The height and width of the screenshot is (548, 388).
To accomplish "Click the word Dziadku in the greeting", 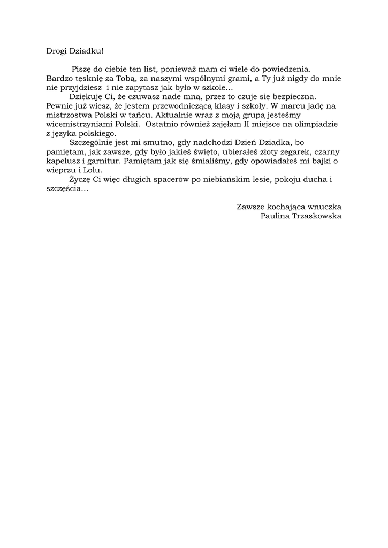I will (85, 51).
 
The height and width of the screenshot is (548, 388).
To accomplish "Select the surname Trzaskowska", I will (319, 215).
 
